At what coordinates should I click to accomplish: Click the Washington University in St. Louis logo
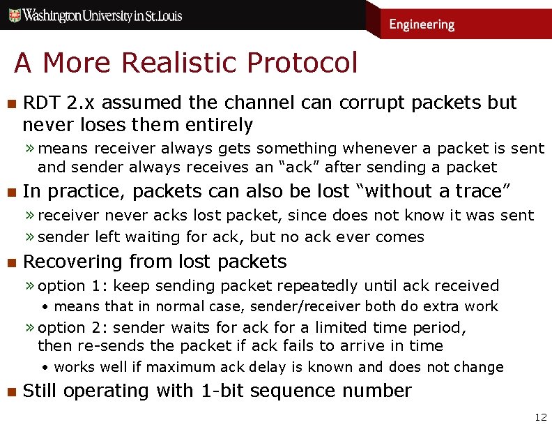95,15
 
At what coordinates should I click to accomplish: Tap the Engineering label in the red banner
422,24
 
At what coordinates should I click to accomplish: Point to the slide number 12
540,417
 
